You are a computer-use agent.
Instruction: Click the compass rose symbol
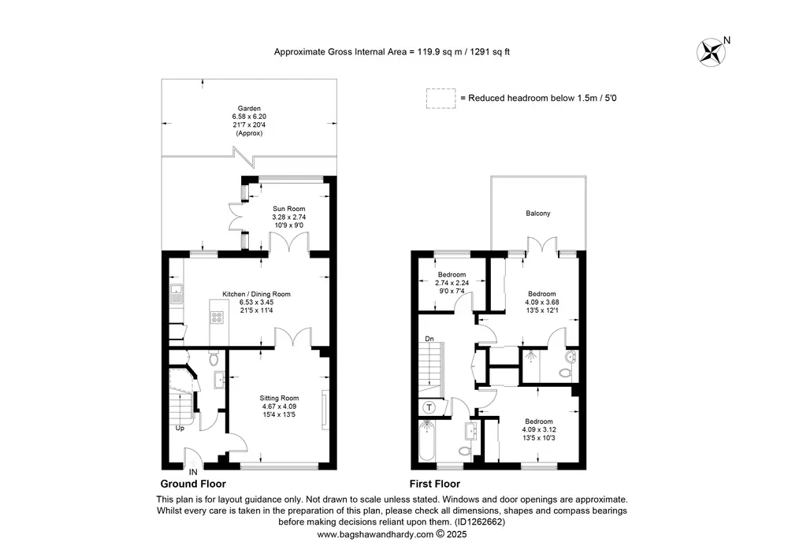711,52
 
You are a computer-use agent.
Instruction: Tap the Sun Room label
289,209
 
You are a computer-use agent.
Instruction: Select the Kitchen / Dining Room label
256,294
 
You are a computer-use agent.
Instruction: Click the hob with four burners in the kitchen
217,317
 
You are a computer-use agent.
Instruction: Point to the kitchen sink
176,294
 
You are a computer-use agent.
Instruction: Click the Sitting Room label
279,398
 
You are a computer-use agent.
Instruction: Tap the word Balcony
538,213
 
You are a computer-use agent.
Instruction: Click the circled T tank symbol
429,407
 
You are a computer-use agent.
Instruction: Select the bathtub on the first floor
427,440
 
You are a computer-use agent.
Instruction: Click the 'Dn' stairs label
429,339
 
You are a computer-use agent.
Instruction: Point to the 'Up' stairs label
180,428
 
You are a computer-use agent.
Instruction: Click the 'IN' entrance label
193,472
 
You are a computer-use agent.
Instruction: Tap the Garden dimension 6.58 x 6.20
249,117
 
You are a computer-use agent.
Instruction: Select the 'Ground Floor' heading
193,484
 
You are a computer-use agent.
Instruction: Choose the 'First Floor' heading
435,484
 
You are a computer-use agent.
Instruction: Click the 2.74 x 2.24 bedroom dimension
452,283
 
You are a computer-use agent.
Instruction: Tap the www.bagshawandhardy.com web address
375,534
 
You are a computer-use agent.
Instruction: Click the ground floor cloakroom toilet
214,358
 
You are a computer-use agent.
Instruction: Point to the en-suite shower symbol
530,357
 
